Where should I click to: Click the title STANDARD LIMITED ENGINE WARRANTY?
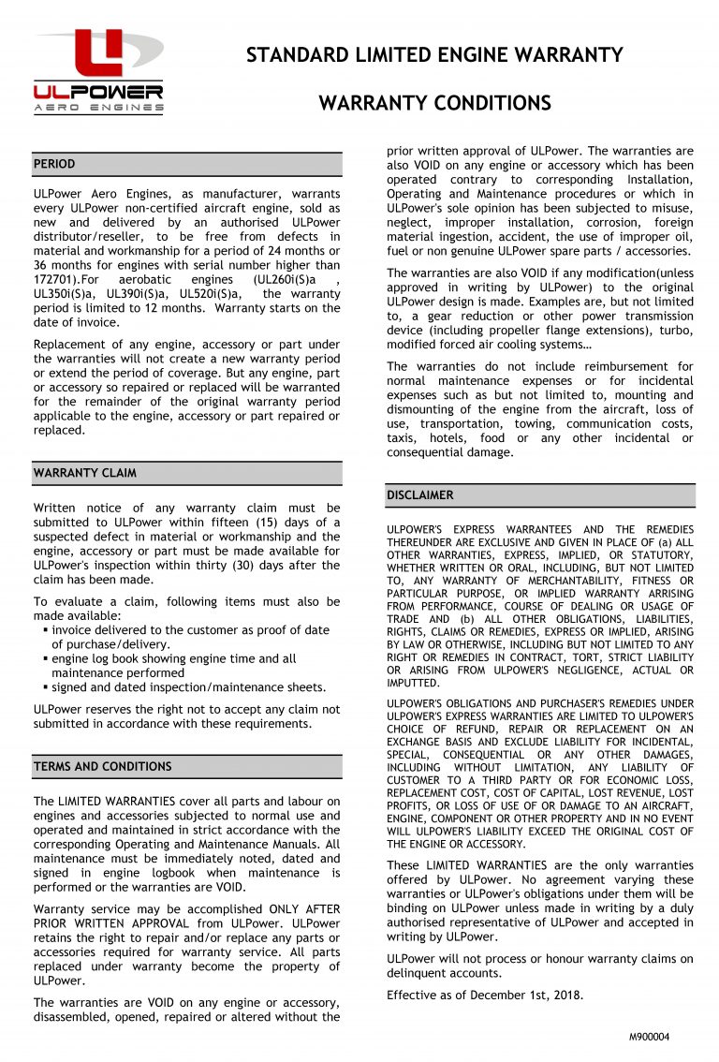tap(434, 55)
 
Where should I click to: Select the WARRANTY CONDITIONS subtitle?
tap(434, 103)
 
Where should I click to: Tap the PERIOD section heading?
tap(54, 164)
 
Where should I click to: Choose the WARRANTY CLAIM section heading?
tap(84, 473)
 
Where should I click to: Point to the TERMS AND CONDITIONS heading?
tap(103, 766)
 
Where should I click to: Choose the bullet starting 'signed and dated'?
tap(187, 687)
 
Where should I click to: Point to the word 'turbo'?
tap(676, 332)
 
